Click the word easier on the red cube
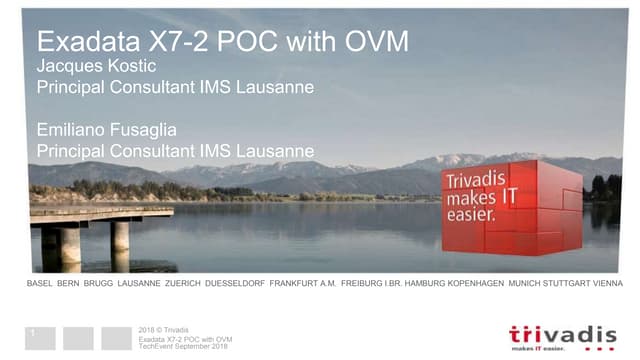click(x=470, y=215)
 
